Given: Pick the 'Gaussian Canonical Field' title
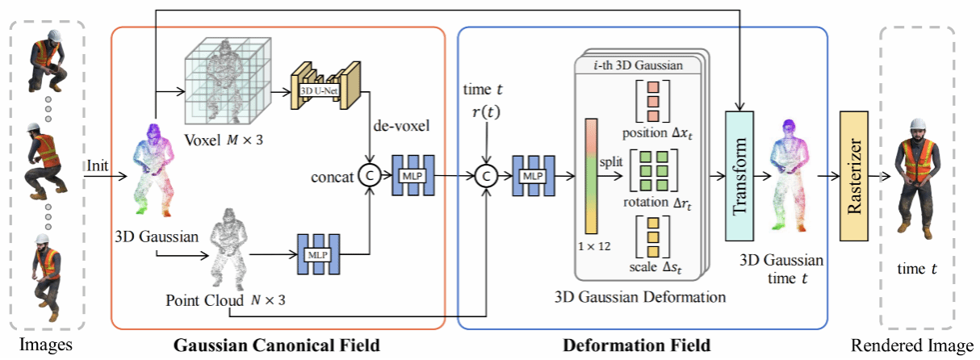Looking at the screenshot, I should coord(277,345).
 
